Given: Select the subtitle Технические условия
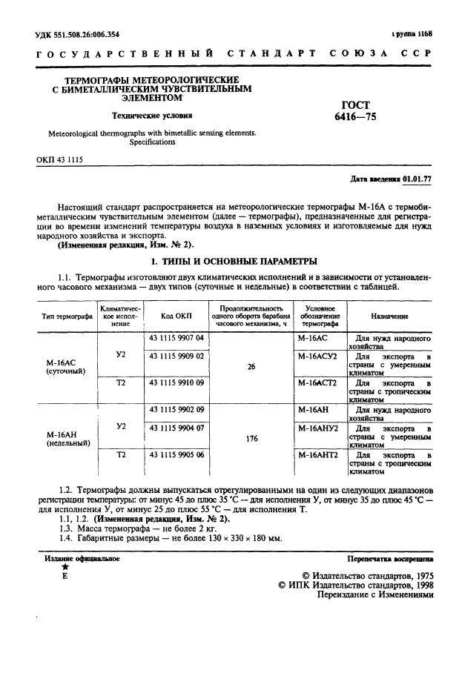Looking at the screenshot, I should pos(152,116).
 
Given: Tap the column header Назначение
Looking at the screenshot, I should pos(389,316).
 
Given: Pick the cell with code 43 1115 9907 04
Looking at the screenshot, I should pos(176,337).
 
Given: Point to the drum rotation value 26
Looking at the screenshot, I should pos(251,366).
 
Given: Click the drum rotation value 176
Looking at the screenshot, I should pos(251,438).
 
